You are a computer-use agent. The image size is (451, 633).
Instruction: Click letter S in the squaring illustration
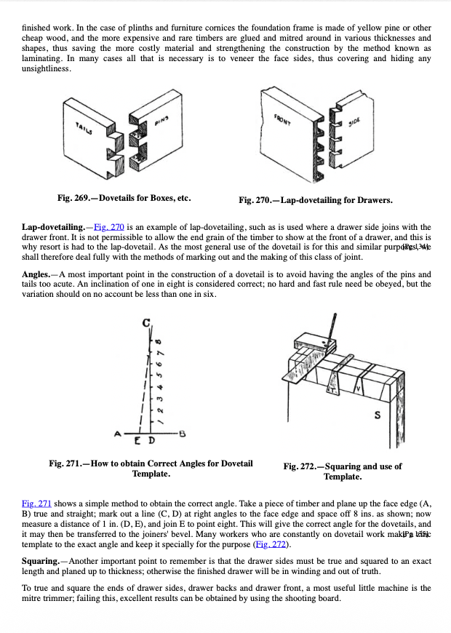tap(378, 416)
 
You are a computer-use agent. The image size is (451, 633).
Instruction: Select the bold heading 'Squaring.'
tap(41, 561)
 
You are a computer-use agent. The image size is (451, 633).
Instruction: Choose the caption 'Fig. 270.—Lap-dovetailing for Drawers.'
tap(316, 200)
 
